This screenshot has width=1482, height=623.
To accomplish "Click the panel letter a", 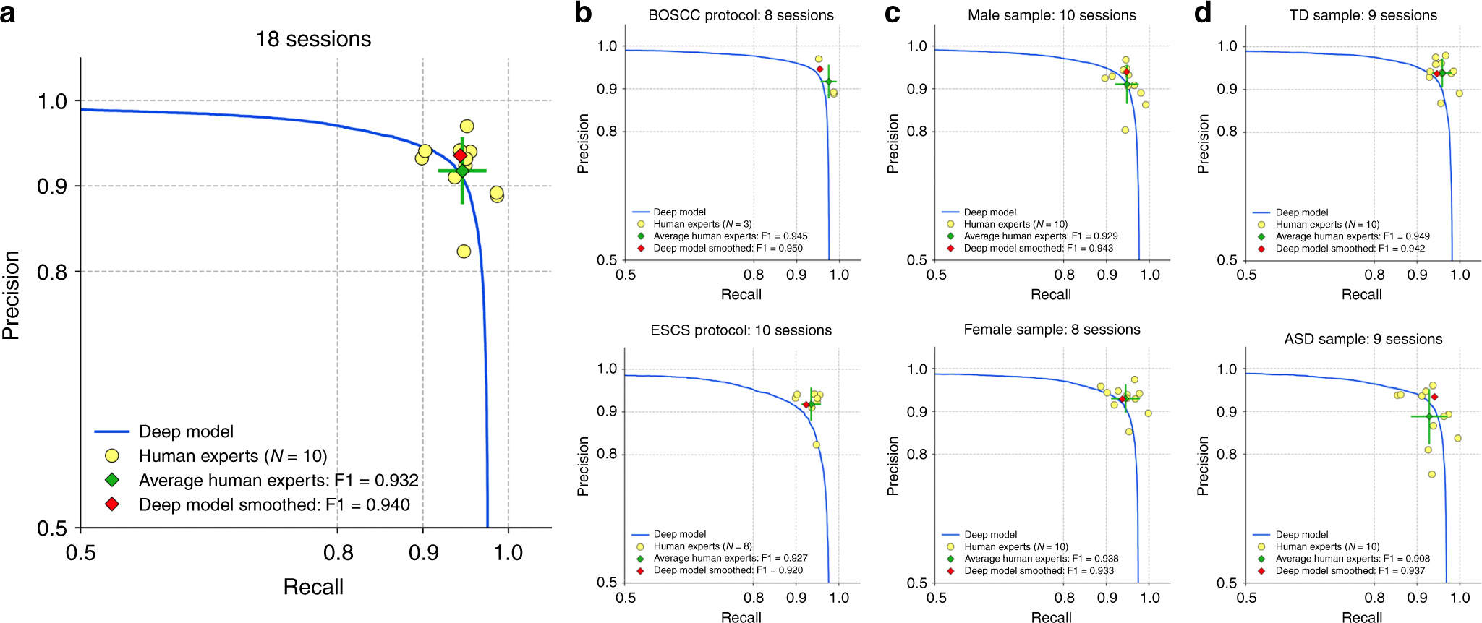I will click(8, 12).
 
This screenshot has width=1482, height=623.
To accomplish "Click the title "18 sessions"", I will click(313, 39).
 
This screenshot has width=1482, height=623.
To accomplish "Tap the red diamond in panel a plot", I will click(460, 155).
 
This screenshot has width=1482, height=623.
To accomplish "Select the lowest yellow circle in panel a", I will click(464, 252).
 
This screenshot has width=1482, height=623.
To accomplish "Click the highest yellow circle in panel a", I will click(467, 126).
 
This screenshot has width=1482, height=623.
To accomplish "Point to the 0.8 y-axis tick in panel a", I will click(52, 272).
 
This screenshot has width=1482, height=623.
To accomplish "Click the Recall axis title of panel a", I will click(312, 587).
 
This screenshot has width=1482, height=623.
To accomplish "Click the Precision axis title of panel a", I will click(11, 295).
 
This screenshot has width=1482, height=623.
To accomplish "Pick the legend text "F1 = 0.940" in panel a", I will click(367, 504).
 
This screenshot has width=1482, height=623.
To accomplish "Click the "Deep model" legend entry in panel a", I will click(186, 431).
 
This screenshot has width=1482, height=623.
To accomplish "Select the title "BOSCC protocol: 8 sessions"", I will click(741, 15).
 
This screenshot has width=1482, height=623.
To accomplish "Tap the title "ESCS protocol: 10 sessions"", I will click(741, 330).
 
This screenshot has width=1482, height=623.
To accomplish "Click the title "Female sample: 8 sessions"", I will click(1052, 330).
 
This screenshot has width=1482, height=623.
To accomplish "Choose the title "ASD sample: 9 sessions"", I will click(1363, 339).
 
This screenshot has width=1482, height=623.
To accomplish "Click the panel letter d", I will click(1202, 12).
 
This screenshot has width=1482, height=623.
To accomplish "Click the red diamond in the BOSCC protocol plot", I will click(819, 69).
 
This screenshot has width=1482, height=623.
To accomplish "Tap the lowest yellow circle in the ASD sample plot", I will click(1431, 475).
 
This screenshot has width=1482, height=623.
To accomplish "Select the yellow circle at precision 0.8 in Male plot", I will click(1125, 130).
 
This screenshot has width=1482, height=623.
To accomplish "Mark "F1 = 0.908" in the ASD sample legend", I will click(1406, 559).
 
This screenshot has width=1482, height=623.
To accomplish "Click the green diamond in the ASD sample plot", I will click(1428, 417).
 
